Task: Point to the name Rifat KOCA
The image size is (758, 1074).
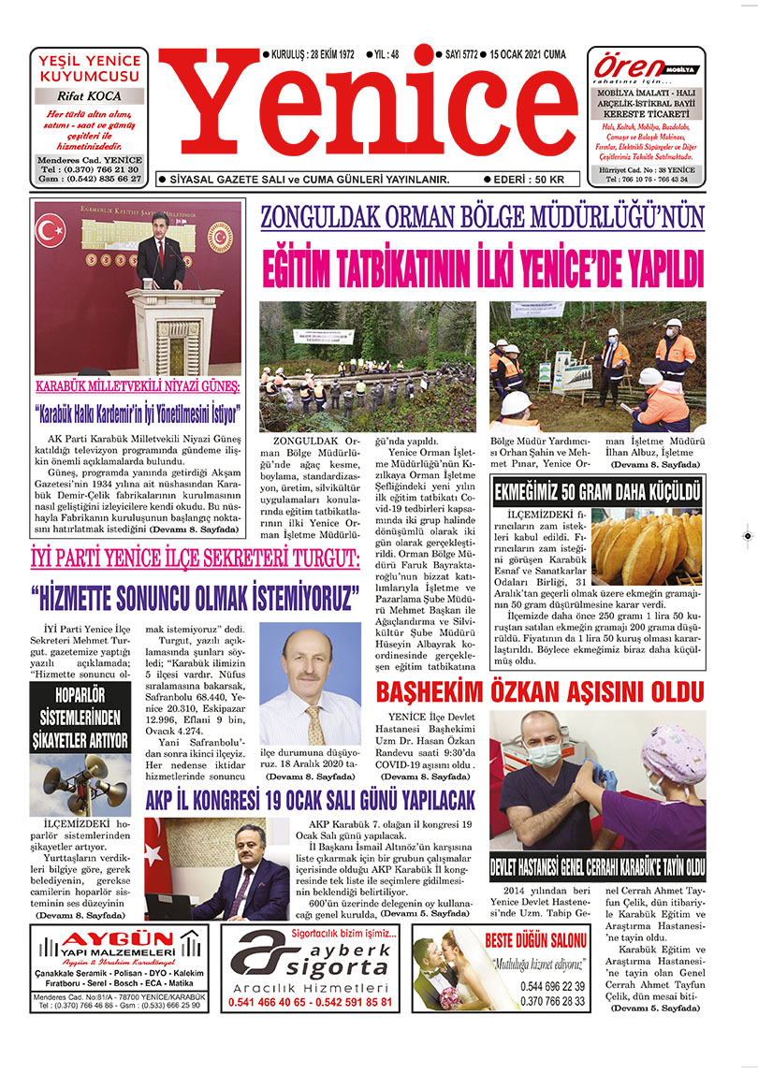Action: click(x=89, y=95)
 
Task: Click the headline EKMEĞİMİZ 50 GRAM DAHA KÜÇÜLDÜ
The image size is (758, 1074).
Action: click(x=596, y=490)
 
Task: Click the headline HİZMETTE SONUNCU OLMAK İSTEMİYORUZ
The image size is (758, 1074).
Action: click(x=195, y=595)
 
